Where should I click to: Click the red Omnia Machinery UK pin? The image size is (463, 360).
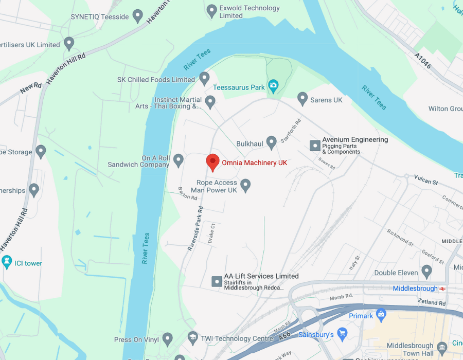(x=212, y=162)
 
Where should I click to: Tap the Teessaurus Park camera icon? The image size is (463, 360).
(x=274, y=84)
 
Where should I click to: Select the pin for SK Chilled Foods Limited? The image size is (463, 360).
(x=204, y=78)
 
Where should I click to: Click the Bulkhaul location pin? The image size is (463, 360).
(x=272, y=142)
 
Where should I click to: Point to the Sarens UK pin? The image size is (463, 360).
(x=302, y=98)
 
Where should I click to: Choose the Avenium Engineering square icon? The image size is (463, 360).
(x=315, y=146)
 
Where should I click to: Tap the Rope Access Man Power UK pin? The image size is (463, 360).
(x=246, y=185)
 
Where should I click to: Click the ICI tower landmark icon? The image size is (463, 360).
(x=7, y=262)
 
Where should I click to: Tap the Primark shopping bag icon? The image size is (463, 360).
(x=381, y=314)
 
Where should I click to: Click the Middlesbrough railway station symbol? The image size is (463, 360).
(x=442, y=289)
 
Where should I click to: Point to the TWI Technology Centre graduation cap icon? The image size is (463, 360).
(x=193, y=337)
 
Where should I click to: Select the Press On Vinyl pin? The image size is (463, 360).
(x=167, y=338)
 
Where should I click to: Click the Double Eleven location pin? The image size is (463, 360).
(x=426, y=271)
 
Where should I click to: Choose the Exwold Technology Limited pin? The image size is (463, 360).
(x=211, y=10)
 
